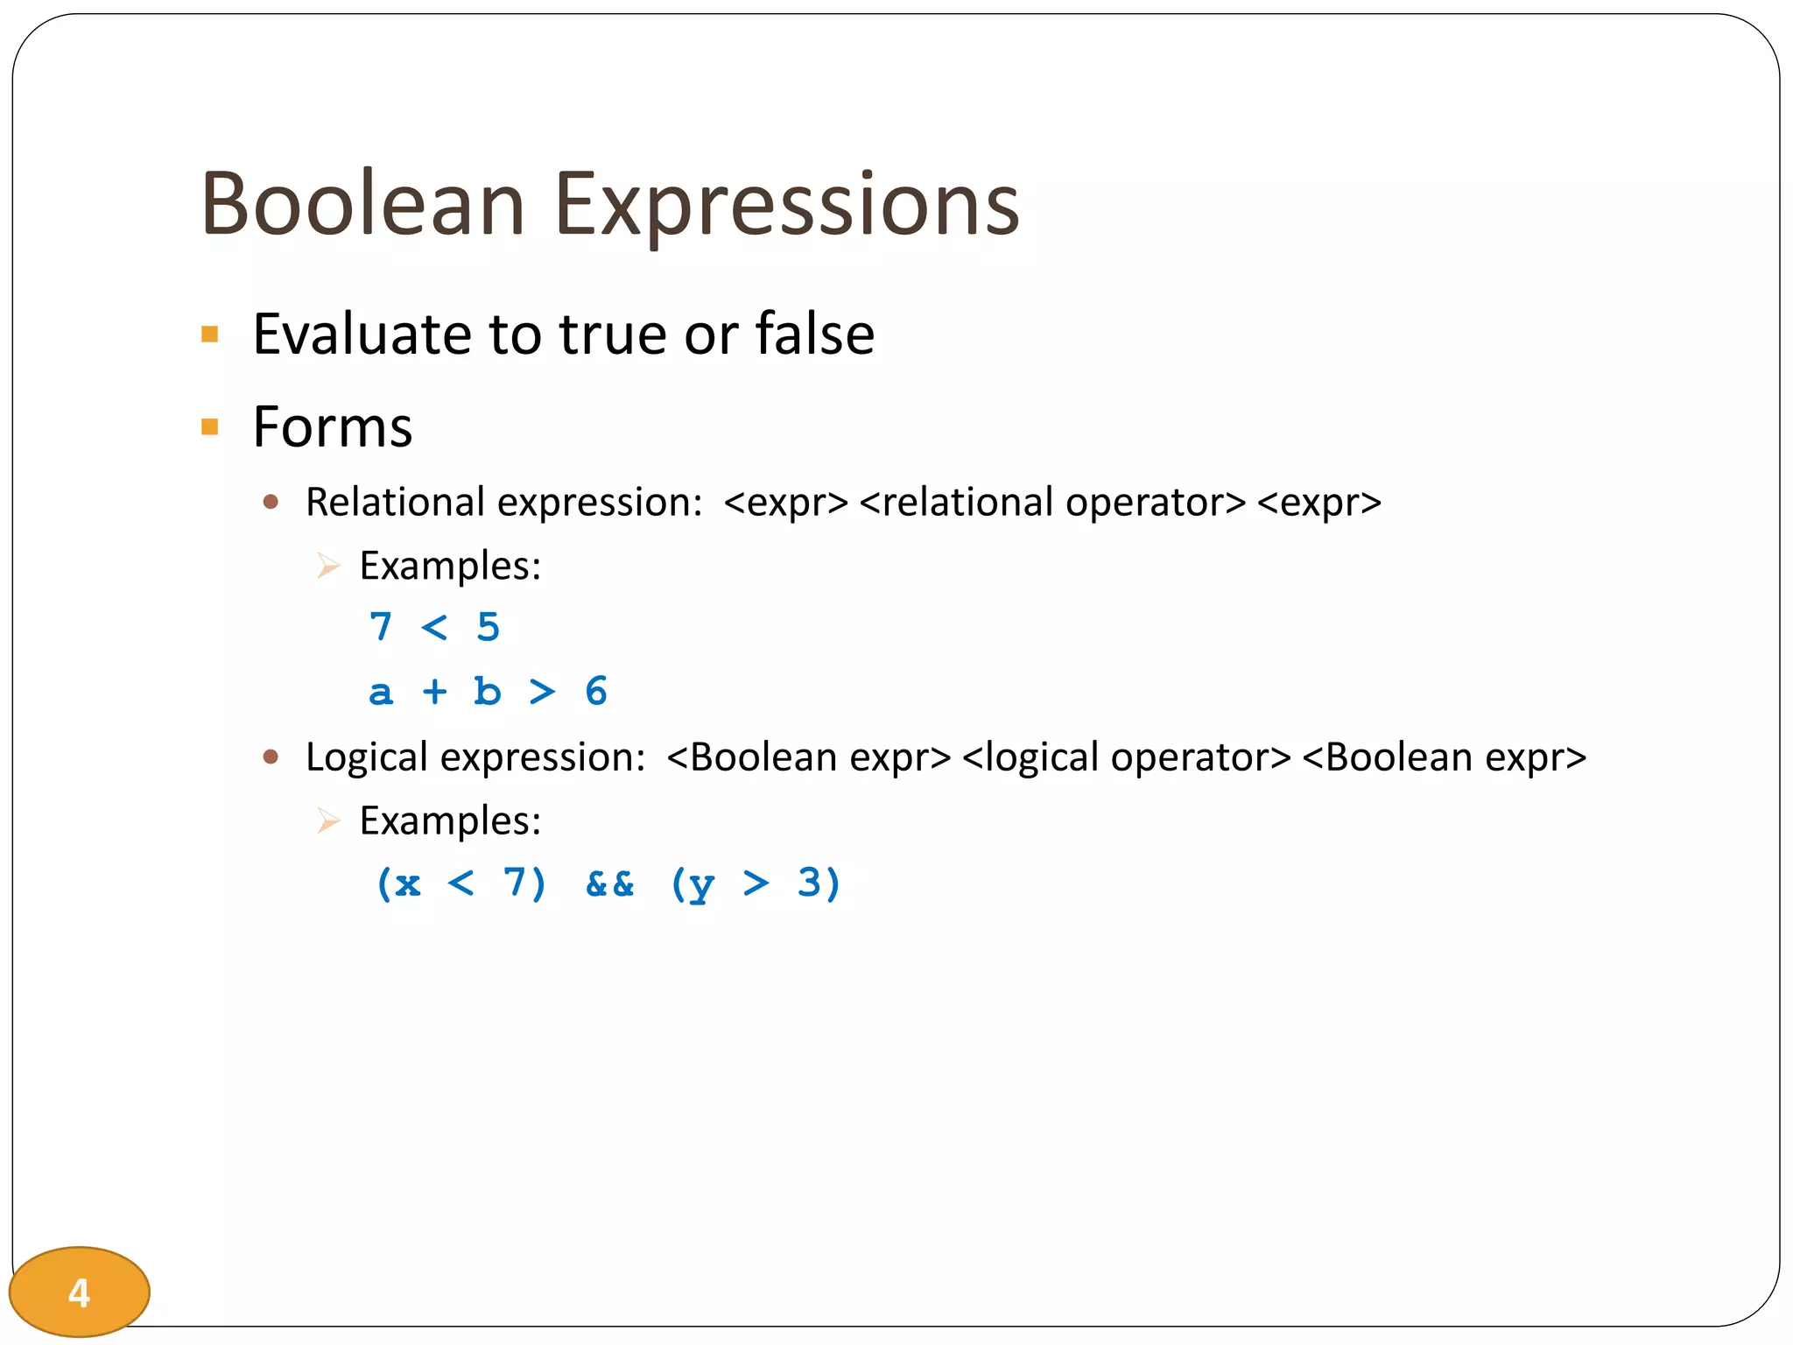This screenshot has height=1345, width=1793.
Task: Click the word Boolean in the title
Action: [362, 204]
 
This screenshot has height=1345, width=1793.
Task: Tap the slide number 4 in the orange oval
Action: [79, 1292]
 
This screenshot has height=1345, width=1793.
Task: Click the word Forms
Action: [333, 427]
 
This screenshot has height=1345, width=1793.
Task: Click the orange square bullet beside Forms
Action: [209, 427]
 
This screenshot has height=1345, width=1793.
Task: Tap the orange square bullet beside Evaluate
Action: [209, 334]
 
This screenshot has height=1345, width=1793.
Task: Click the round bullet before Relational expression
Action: [271, 502]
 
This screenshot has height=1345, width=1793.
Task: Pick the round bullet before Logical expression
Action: [271, 757]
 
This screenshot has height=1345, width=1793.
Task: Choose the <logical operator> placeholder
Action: [1126, 757]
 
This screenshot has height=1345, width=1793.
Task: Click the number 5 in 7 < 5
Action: [489, 627]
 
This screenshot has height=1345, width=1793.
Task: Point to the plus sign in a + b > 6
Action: [434, 692]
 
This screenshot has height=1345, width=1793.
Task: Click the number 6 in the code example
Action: [596, 692]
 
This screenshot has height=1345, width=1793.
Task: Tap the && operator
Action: [610, 884]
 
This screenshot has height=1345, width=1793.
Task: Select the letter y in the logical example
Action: [701, 885]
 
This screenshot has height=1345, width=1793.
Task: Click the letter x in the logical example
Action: [407, 884]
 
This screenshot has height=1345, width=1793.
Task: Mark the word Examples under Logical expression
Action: [450, 821]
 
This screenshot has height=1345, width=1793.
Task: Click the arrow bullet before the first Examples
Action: [328, 566]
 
